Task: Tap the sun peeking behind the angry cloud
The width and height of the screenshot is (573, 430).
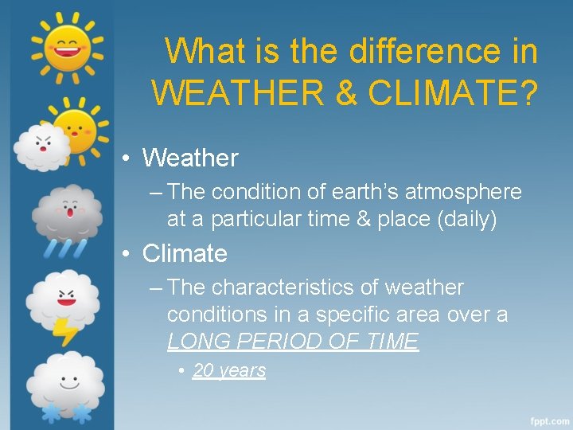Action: click(x=77, y=125)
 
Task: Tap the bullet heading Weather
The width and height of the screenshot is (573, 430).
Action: click(x=189, y=158)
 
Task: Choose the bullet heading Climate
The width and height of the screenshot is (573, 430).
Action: click(x=185, y=253)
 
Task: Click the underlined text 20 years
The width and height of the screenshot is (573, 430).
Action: click(x=229, y=370)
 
